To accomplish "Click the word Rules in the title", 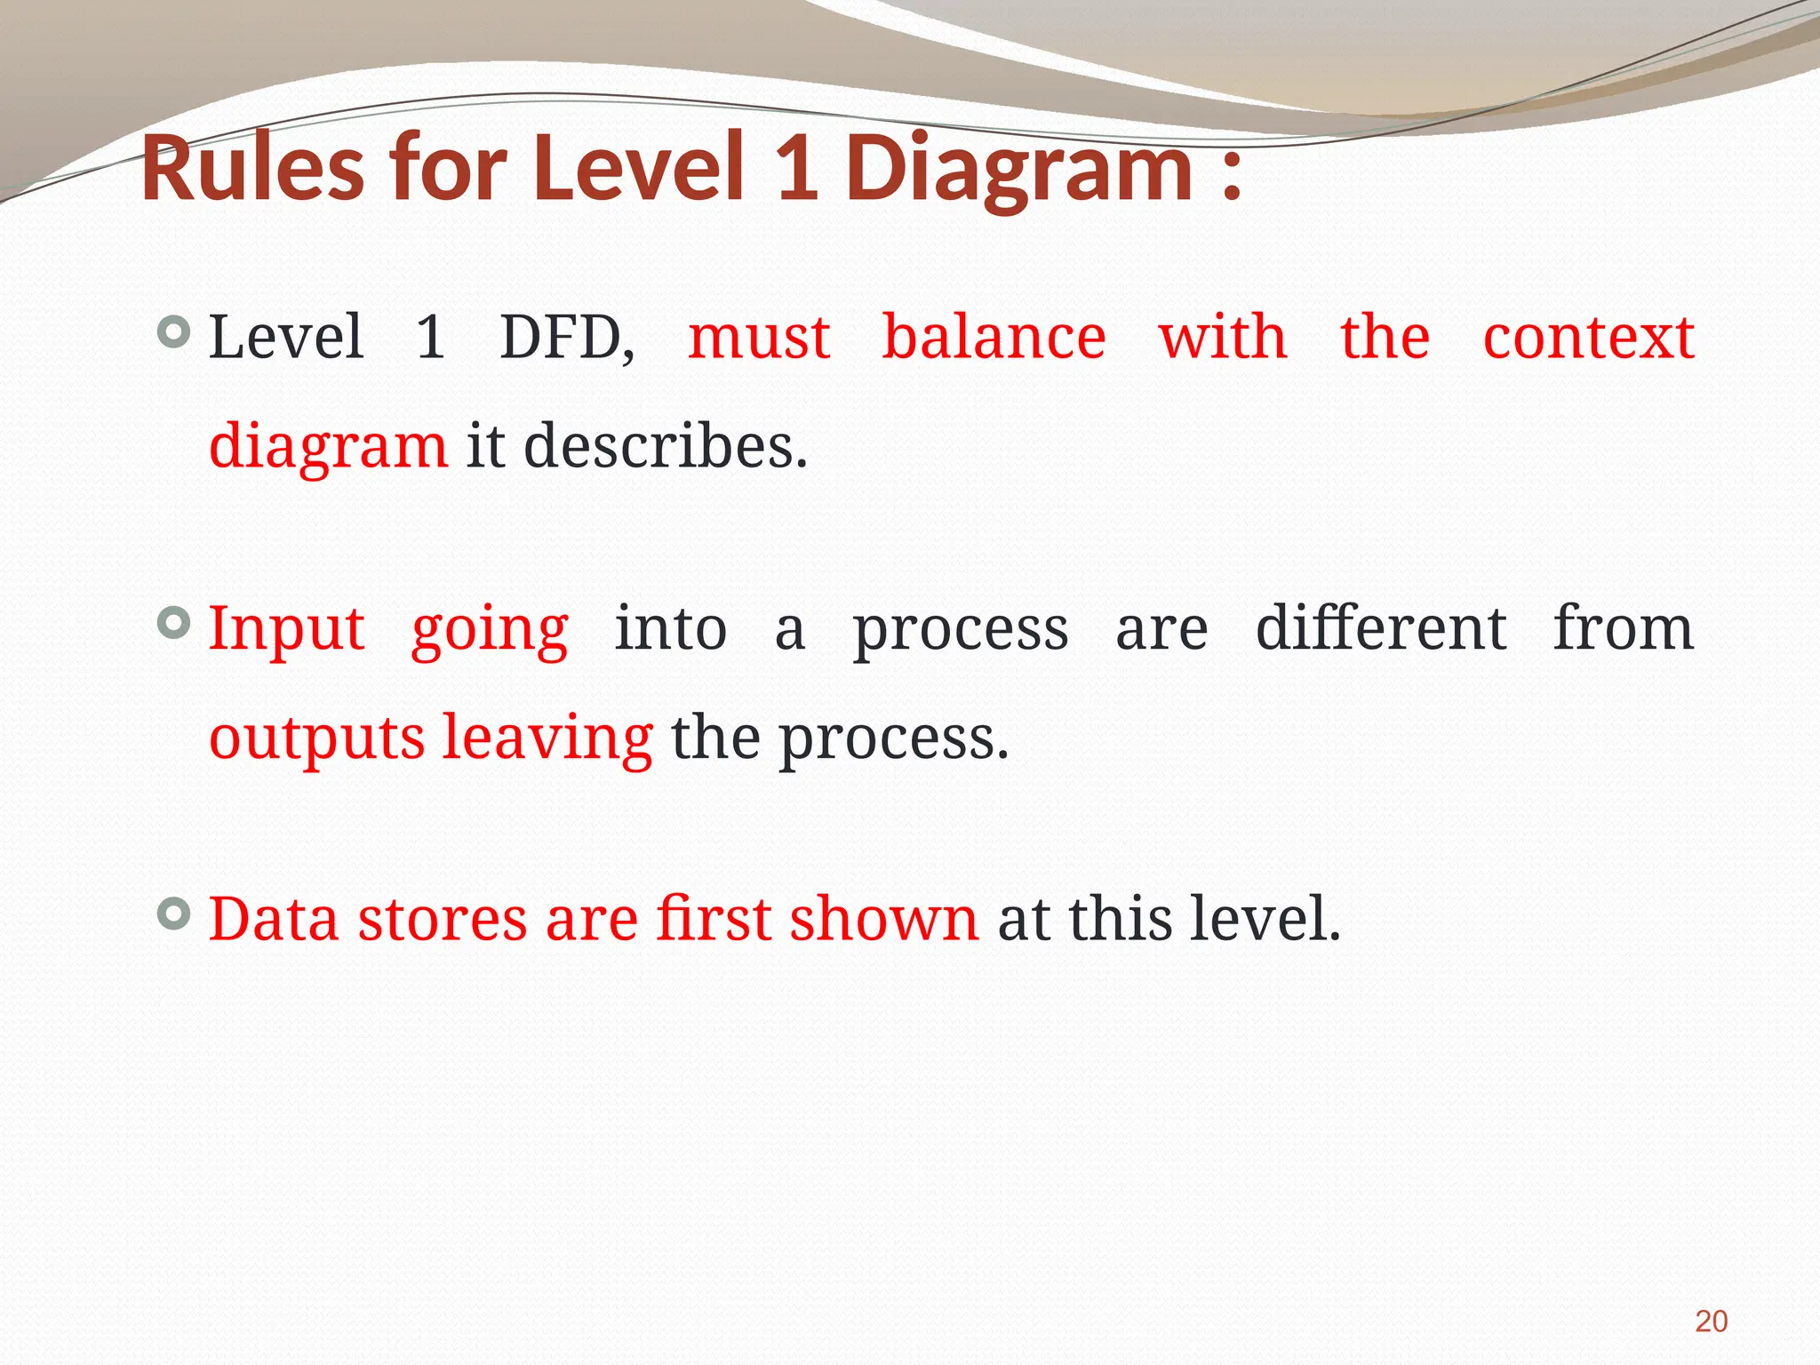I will tap(252, 167).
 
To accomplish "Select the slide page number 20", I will tap(1711, 1321).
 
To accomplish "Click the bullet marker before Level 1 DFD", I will tap(173, 332).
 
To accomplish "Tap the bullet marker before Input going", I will tap(173, 622).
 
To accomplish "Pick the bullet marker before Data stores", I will tap(173, 913).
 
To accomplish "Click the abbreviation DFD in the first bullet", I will tap(566, 338).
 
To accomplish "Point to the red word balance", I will tap(994, 338).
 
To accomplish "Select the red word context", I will tap(1588, 338).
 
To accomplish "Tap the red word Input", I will tap(286, 629).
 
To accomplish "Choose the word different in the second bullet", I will tap(1380, 628).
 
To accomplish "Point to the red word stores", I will tap(442, 919).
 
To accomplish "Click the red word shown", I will tap(883, 919).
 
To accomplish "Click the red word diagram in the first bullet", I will tap(328, 449).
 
